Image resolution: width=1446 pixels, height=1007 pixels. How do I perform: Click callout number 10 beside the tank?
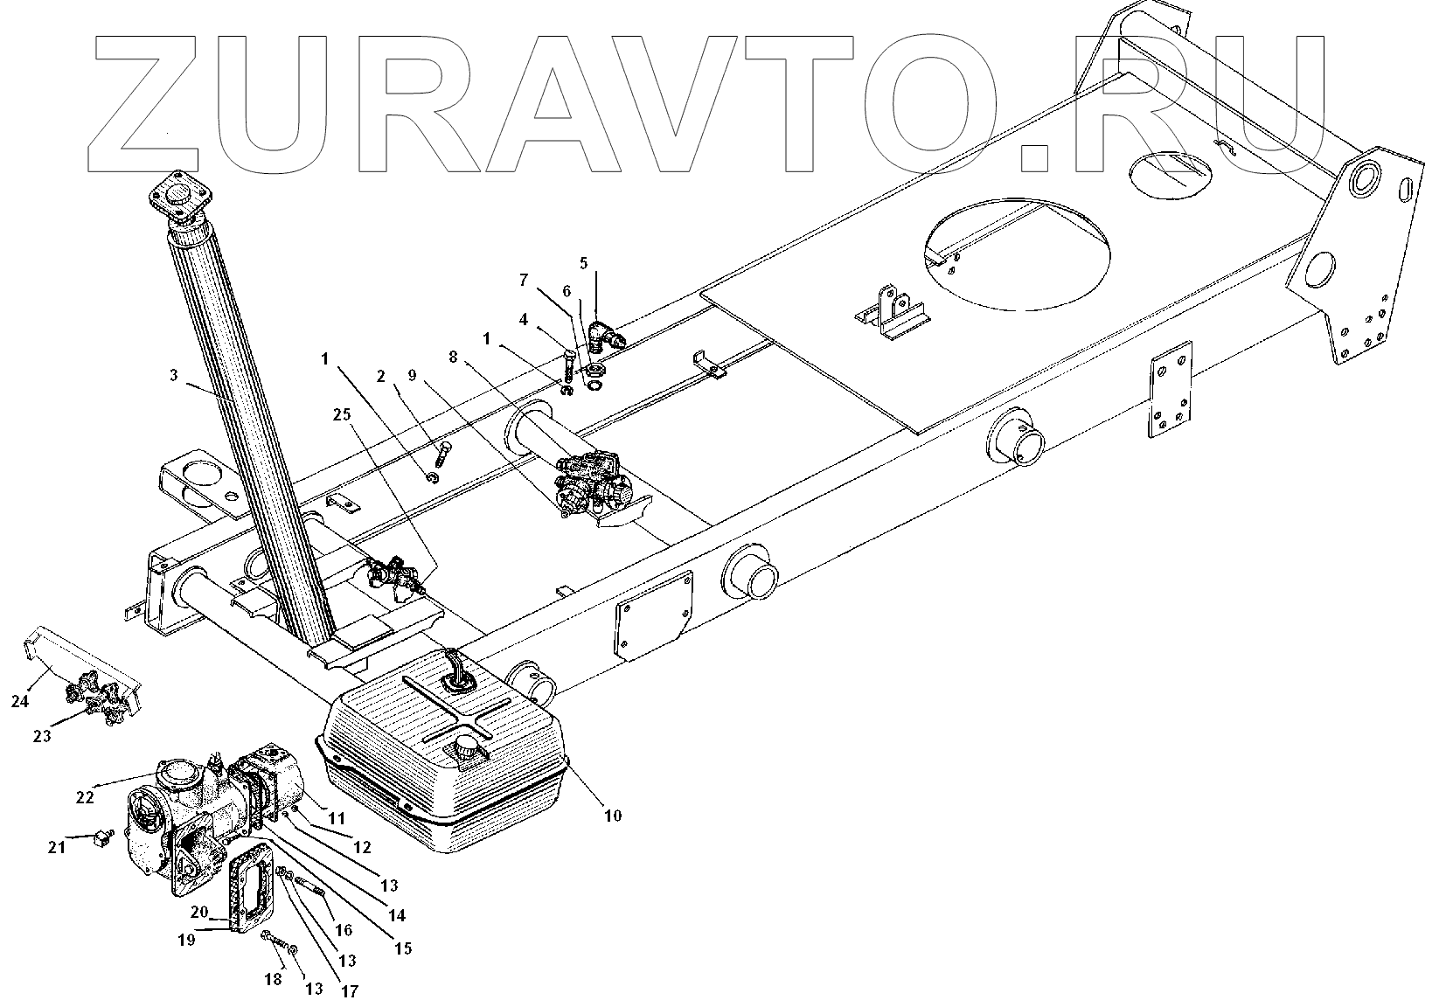[x=612, y=816]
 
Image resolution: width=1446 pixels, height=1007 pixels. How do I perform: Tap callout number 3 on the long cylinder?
[x=174, y=376]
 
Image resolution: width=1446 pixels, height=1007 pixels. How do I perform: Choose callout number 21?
[x=56, y=847]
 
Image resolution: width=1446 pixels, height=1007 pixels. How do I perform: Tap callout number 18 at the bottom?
[x=273, y=980]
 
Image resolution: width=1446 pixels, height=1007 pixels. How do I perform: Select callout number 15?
[x=403, y=948]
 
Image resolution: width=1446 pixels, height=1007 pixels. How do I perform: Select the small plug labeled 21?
[x=101, y=839]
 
